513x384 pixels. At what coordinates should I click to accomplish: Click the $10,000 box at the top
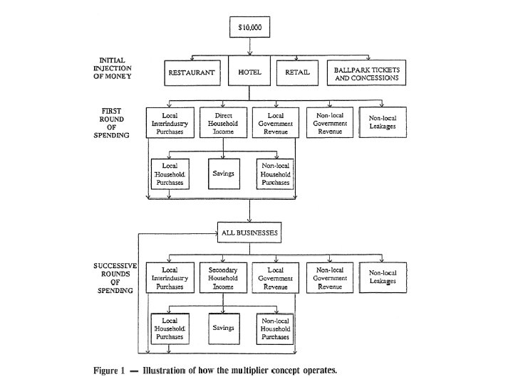[x=250, y=28]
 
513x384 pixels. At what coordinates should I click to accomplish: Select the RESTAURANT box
[x=191, y=73]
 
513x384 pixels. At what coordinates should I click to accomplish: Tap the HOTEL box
[x=250, y=73]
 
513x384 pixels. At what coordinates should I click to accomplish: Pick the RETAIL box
[x=296, y=73]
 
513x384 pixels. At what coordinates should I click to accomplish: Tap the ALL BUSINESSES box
[x=249, y=232]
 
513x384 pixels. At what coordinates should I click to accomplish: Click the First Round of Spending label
[x=112, y=123]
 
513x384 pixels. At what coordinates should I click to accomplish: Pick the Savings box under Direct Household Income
[x=224, y=174]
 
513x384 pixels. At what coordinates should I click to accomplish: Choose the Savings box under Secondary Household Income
[x=224, y=327]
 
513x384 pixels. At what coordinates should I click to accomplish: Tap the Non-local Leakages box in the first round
[x=383, y=122]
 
